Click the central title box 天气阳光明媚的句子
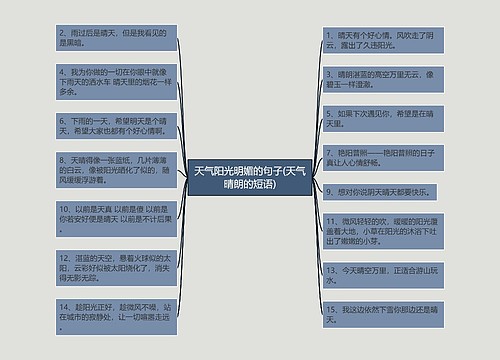pyautogui.click(x=250, y=181)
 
